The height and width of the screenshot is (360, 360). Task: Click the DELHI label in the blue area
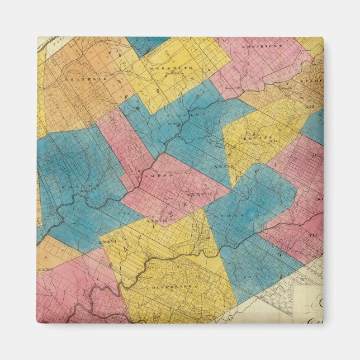pyautogui.click(x=188, y=114)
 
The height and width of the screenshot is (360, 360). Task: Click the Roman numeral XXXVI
pyautogui.click(x=110, y=242)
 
